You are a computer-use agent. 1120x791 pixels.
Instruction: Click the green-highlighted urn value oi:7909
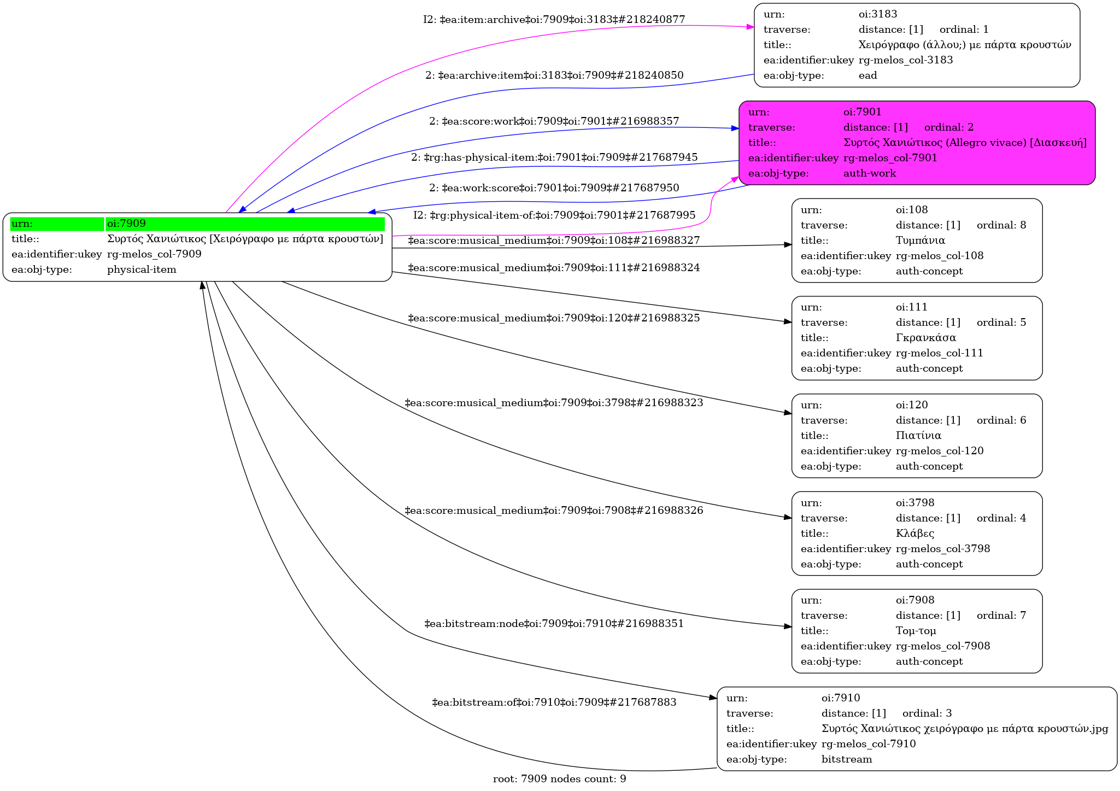pyautogui.click(x=126, y=224)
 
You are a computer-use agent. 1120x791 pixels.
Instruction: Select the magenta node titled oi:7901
pyautogui.click(x=917, y=143)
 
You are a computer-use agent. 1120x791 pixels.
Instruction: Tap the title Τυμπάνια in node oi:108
pyautogui.click(x=920, y=241)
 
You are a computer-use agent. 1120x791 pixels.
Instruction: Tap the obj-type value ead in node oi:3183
pyautogui.click(x=867, y=75)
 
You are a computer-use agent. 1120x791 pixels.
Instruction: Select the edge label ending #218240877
pyautogui.click(x=554, y=20)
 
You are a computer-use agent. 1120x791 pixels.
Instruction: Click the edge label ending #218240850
pyautogui.click(x=554, y=75)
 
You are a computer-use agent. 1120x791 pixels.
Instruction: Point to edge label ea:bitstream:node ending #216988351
pyautogui.click(x=554, y=624)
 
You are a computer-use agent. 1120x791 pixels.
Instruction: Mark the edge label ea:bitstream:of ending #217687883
pyautogui.click(x=554, y=702)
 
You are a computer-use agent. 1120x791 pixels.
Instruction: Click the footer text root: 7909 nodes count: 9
pyautogui.click(x=559, y=779)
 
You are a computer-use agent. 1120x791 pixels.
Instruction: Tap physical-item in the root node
pyautogui.click(x=142, y=269)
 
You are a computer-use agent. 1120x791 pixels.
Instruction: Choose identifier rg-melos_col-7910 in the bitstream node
pyautogui.click(x=868, y=744)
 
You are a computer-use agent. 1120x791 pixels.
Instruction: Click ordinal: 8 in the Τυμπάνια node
pyautogui.click(x=1001, y=225)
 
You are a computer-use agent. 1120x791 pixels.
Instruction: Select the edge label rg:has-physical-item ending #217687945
pyautogui.click(x=554, y=157)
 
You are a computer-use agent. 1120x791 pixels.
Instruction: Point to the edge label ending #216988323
pyautogui.click(x=554, y=403)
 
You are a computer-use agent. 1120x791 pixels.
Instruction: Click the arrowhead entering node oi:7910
pyautogui.click(x=713, y=698)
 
